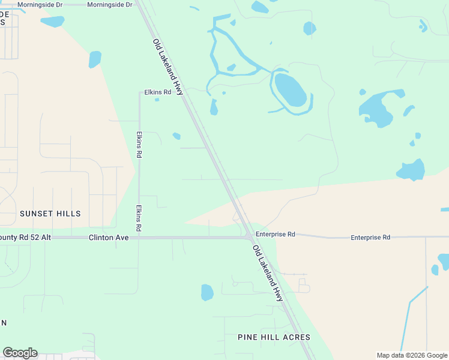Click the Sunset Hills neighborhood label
(x=50, y=214)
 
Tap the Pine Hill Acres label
(x=274, y=337)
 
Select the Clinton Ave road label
(x=109, y=238)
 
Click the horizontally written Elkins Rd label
(x=157, y=92)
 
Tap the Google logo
(x=20, y=353)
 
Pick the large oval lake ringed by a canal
(x=291, y=90)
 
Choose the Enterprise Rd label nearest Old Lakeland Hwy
(x=275, y=234)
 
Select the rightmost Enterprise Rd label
(x=370, y=238)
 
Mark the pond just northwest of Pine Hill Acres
(x=207, y=292)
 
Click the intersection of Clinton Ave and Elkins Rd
(x=139, y=238)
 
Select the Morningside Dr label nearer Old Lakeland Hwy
(x=109, y=4)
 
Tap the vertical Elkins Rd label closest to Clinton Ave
(x=139, y=218)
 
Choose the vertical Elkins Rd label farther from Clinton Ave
(x=139, y=144)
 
